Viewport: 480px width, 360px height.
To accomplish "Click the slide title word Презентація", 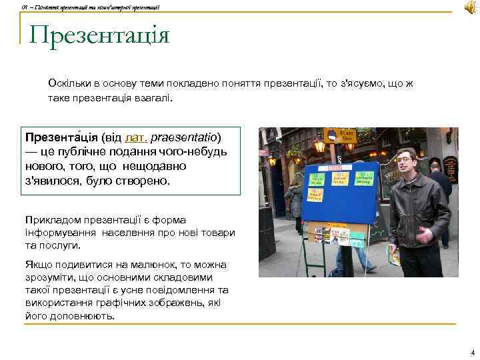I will [99, 35].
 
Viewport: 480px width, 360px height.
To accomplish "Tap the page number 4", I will [472, 352].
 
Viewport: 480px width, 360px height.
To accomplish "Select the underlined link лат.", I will [136, 139].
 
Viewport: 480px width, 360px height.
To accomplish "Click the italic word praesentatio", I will [185, 139].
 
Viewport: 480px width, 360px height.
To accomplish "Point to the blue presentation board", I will [339, 197].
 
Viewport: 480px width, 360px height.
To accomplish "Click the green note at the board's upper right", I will [365, 179].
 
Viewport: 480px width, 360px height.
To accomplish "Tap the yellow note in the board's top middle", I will [340, 179].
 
